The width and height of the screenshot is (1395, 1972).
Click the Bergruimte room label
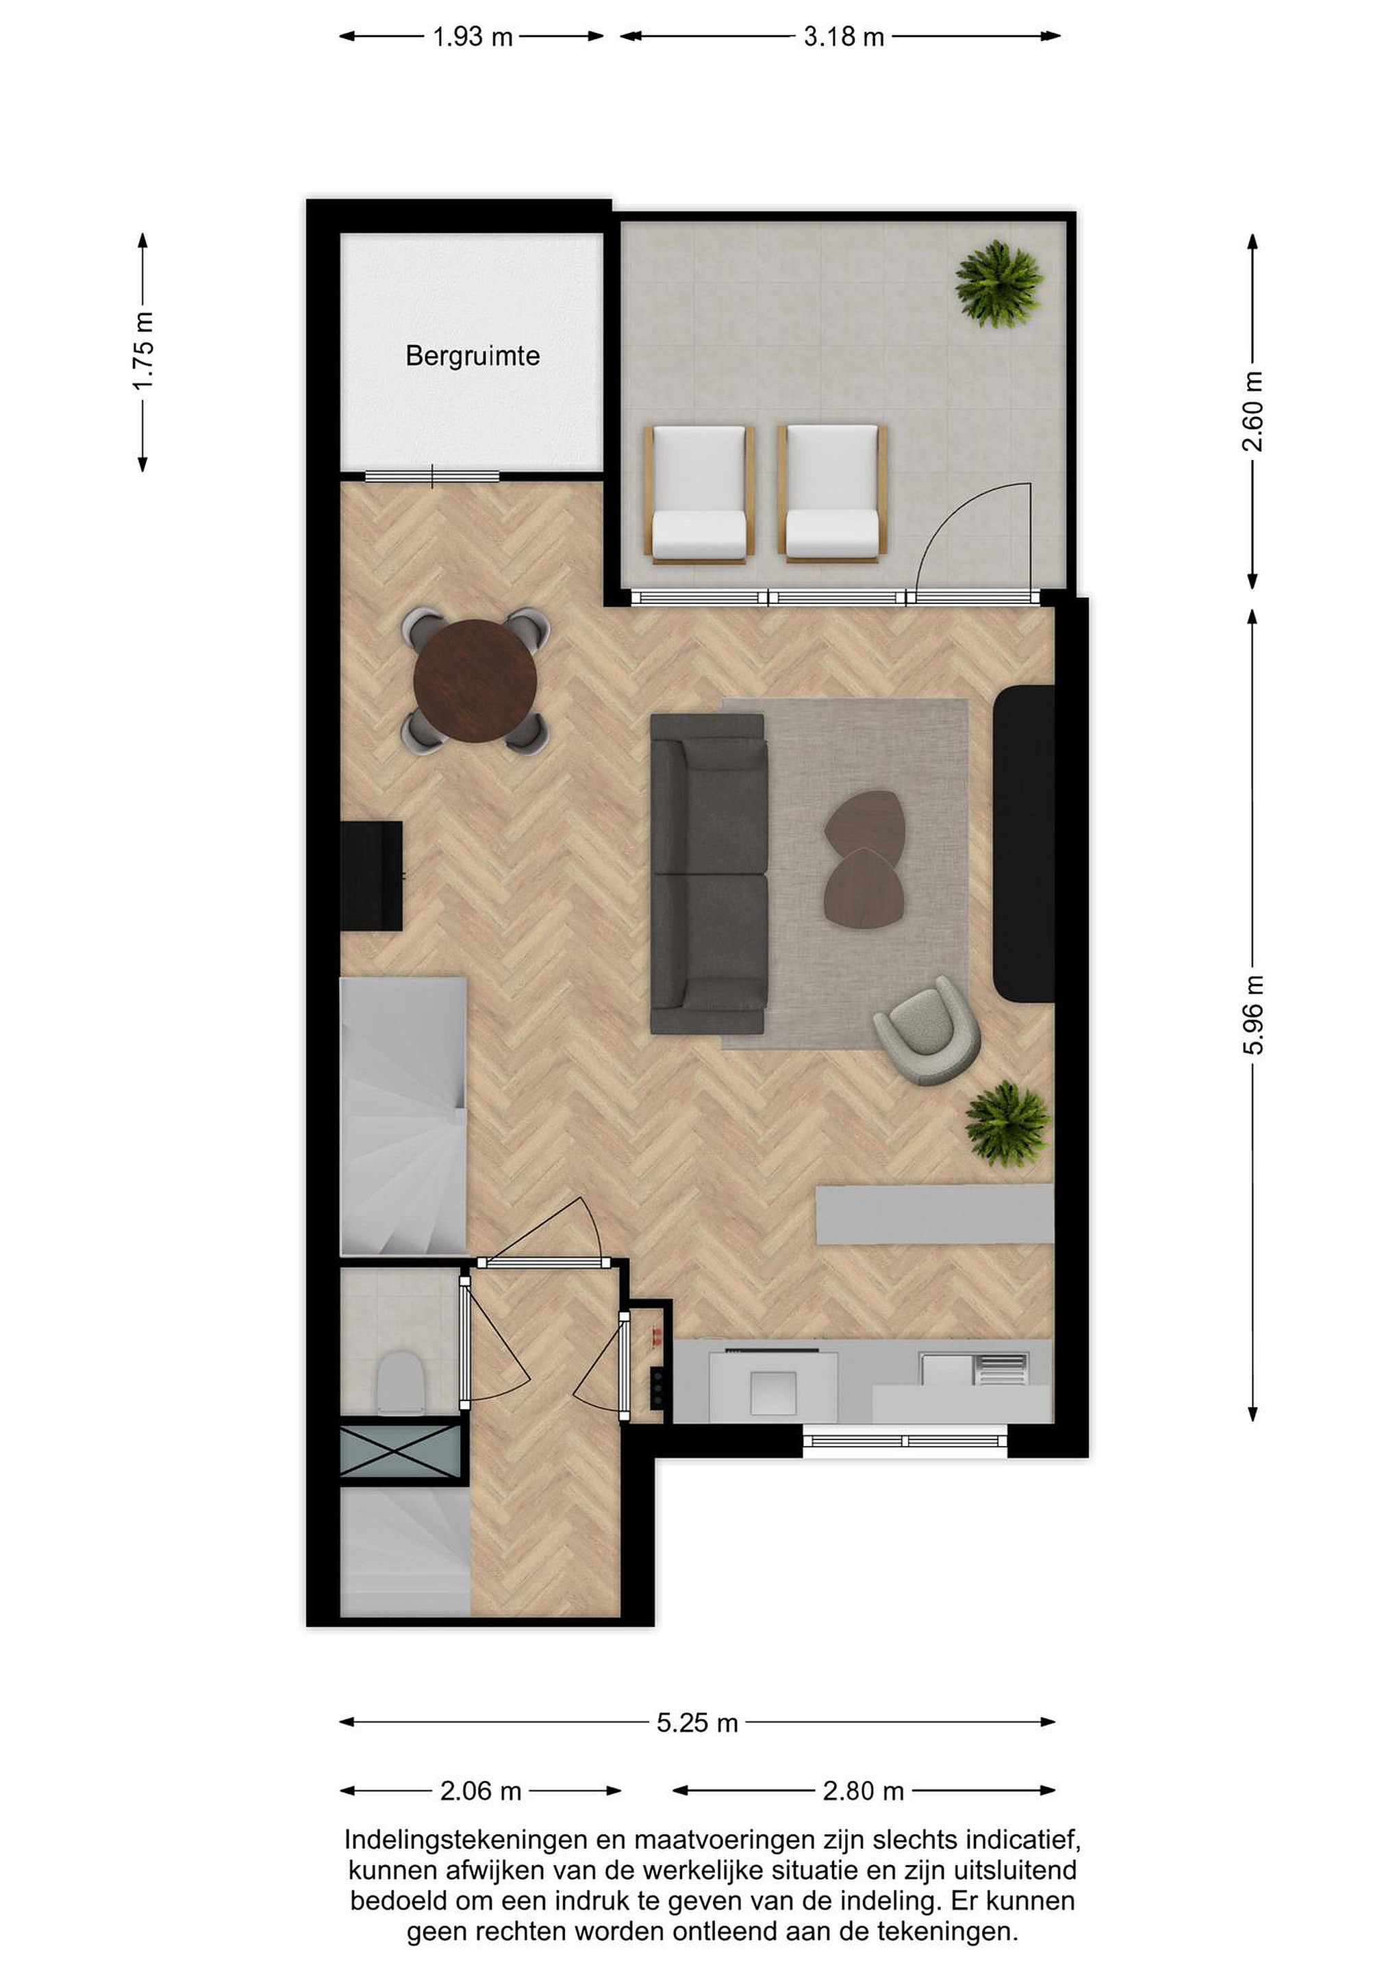[x=473, y=355]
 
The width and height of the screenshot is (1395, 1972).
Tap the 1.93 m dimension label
[x=473, y=37]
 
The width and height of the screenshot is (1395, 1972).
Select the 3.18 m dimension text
[x=844, y=37]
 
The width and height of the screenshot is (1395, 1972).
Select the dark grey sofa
[x=709, y=874]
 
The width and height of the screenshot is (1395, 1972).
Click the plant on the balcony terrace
[x=999, y=283]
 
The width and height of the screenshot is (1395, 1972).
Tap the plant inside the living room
[x=1007, y=1124]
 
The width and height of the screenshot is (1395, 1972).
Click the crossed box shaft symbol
[x=401, y=1451]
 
